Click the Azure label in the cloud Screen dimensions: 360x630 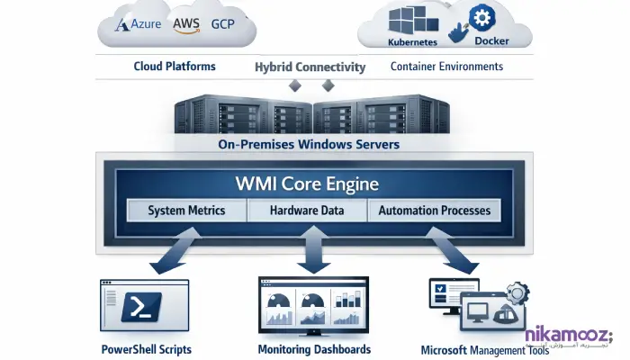coord(139,25)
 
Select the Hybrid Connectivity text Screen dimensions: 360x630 coord(310,67)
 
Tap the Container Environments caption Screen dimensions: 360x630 coord(446,67)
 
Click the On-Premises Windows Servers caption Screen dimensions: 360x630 coord(310,144)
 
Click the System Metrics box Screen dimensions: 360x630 coord(186,211)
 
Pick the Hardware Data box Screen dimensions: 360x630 coord(309,211)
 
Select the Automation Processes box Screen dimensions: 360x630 coord(434,211)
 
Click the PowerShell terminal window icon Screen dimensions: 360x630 coord(145,307)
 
